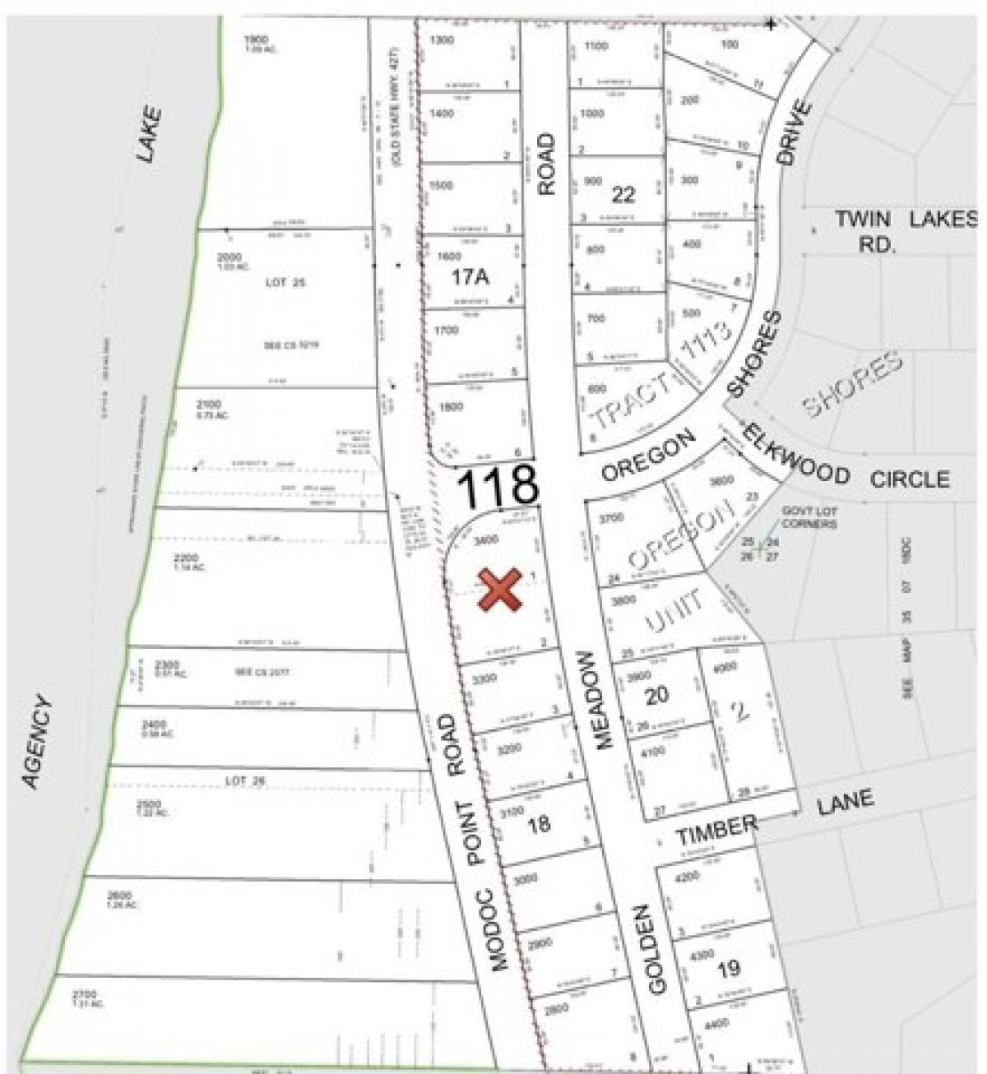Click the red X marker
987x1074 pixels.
tap(502, 590)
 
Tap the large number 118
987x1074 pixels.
tap(498, 486)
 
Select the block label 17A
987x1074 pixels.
tap(470, 278)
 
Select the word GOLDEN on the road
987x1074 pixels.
tap(646, 949)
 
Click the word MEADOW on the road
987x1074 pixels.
tap(598, 700)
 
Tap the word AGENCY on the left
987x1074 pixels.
tap(37, 743)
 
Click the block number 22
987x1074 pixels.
tap(623, 194)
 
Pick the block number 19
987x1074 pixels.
tap(729, 970)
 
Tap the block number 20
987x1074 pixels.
tap(656, 696)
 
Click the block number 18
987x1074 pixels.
tap(538, 825)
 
